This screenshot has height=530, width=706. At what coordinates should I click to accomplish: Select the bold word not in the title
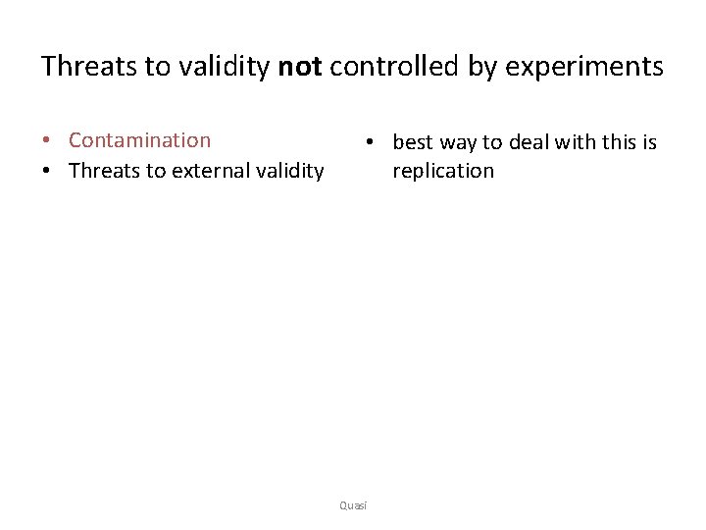pyautogui.click(x=300, y=67)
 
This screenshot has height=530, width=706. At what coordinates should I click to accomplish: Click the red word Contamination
pyautogui.click(x=139, y=140)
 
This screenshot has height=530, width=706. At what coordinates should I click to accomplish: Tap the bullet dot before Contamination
pyautogui.click(x=47, y=141)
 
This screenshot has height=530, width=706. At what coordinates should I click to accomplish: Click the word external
pyautogui.click(x=209, y=171)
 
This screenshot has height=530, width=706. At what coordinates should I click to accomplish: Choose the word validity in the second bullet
pyautogui.click(x=288, y=171)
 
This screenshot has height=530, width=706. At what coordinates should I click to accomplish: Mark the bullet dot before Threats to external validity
pyautogui.click(x=47, y=172)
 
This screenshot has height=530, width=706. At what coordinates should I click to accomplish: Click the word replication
pyautogui.click(x=443, y=171)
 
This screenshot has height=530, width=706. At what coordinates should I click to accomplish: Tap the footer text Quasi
pyautogui.click(x=352, y=504)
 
